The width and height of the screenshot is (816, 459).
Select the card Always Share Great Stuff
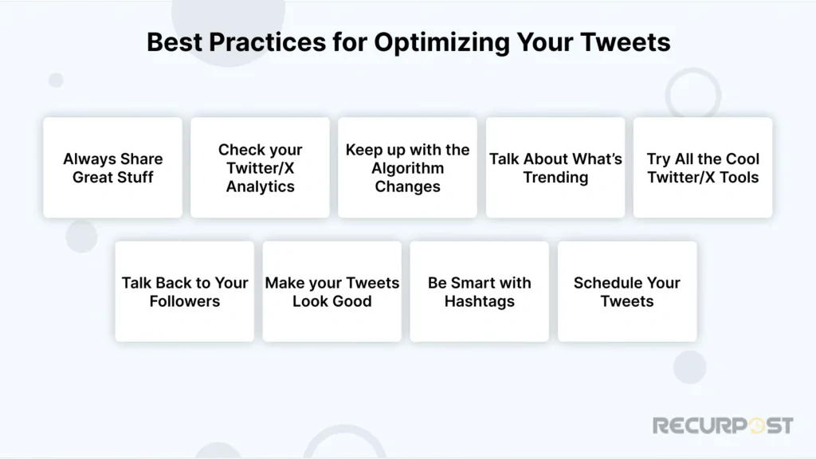pyautogui.click(x=112, y=167)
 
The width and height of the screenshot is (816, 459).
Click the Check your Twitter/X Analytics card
pyautogui.click(x=260, y=167)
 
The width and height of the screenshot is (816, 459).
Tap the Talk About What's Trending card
pyautogui.click(x=555, y=167)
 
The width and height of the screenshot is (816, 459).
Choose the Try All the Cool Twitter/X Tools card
pyautogui.click(x=703, y=167)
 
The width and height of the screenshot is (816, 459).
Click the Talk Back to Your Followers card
pyautogui.click(x=184, y=292)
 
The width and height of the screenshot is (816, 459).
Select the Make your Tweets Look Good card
pyautogui.click(x=331, y=292)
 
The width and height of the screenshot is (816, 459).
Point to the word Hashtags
pyautogui.click(x=479, y=301)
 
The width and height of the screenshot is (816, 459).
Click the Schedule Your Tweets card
pyautogui.click(x=627, y=292)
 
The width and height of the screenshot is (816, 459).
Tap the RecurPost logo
pyautogui.click(x=723, y=426)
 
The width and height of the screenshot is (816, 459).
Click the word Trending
pyautogui.click(x=555, y=177)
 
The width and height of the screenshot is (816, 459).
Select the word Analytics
pyautogui.click(x=260, y=186)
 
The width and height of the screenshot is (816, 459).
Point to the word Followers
pyautogui.click(x=184, y=301)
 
